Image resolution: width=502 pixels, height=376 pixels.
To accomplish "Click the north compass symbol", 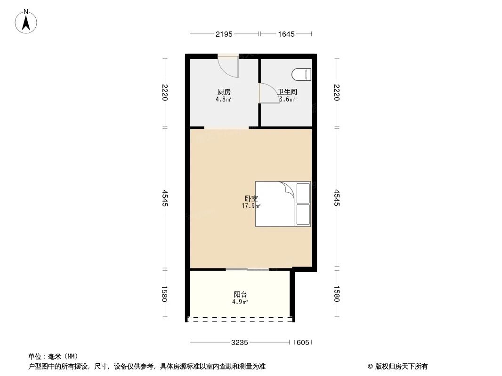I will (26, 22).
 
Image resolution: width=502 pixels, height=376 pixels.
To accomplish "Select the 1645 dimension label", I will (286, 34).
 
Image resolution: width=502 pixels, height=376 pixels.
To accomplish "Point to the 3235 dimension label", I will (240, 343).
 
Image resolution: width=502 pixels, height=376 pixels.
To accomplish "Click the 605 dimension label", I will (303, 343).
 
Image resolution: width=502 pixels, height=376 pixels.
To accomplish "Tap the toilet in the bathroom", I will (302, 75).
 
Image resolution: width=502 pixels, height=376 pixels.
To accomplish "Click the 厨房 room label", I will (224, 92).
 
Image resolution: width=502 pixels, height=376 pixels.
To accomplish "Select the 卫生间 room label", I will (287, 92).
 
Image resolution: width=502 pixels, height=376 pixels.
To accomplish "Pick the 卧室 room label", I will (251, 199).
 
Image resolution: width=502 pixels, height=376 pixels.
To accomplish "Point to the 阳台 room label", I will (240, 295).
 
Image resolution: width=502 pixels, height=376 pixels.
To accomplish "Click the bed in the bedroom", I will (283, 204).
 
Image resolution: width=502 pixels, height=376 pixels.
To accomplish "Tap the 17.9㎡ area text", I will (251, 206).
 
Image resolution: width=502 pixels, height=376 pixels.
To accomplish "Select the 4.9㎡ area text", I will (240, 302).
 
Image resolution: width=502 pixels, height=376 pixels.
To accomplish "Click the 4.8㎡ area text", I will (223, 99).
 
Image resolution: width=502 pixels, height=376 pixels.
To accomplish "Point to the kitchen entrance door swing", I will (230, 66).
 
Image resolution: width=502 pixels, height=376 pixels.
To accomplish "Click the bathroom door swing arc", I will (268, 93).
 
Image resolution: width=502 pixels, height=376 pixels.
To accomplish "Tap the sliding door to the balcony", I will (247, 269).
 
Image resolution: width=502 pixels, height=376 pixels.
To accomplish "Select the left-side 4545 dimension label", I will (165, 198).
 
